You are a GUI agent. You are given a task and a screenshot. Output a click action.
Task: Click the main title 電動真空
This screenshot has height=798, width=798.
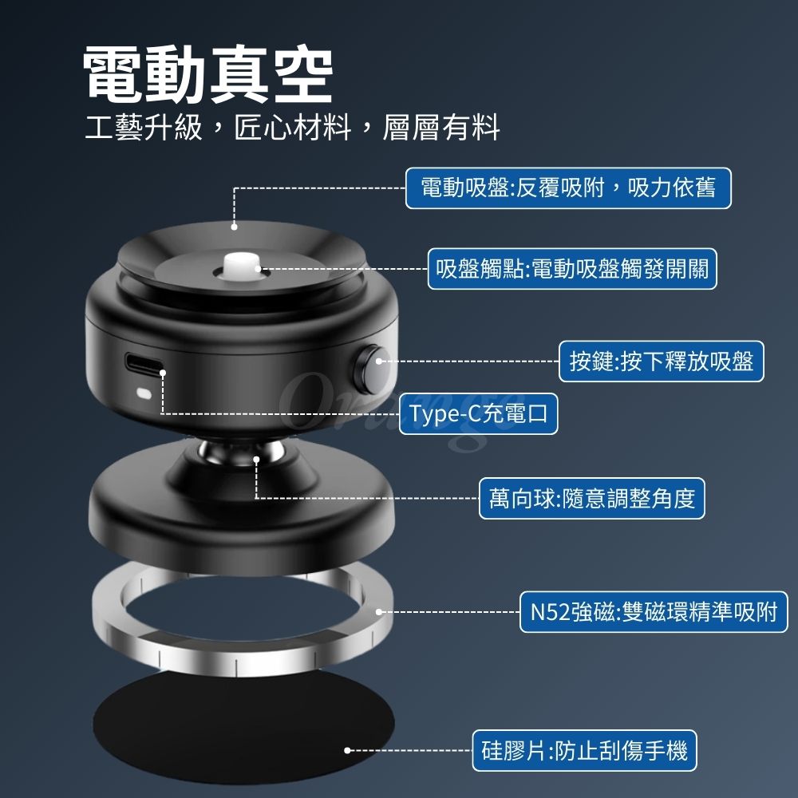click(208, 74)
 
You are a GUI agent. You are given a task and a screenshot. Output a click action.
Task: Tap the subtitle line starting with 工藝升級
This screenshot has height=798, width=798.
click(293, 127)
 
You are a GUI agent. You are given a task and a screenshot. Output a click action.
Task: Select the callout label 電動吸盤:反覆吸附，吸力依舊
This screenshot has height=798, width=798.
click(568, 188)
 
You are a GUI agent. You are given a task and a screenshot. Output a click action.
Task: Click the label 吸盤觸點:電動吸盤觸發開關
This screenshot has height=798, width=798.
click(572, 269)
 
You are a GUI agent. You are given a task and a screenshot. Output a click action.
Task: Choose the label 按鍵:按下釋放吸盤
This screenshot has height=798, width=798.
click(661, 361)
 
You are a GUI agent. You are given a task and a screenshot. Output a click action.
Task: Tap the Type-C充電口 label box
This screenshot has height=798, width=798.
click(478, 413)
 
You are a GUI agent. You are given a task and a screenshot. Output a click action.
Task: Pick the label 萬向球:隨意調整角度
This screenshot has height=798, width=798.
click(592, 498)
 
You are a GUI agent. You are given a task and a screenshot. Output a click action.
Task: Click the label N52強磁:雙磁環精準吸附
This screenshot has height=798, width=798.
click(654, 612)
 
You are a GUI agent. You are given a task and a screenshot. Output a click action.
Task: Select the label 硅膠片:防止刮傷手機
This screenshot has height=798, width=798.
click(584, 751)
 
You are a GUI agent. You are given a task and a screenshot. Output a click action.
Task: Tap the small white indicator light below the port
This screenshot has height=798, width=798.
click(144, 393)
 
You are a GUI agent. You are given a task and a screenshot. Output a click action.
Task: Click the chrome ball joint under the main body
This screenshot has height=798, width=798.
click(241, 451)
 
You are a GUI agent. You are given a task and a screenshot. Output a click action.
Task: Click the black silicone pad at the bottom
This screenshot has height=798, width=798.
click(243, 728)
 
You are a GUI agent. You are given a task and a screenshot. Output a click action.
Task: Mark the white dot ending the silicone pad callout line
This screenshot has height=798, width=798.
click(347, 750)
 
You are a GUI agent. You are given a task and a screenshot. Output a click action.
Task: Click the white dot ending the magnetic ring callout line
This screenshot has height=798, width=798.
click(378, 612)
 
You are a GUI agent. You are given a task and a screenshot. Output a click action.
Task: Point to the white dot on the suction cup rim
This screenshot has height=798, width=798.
click(234, 227)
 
